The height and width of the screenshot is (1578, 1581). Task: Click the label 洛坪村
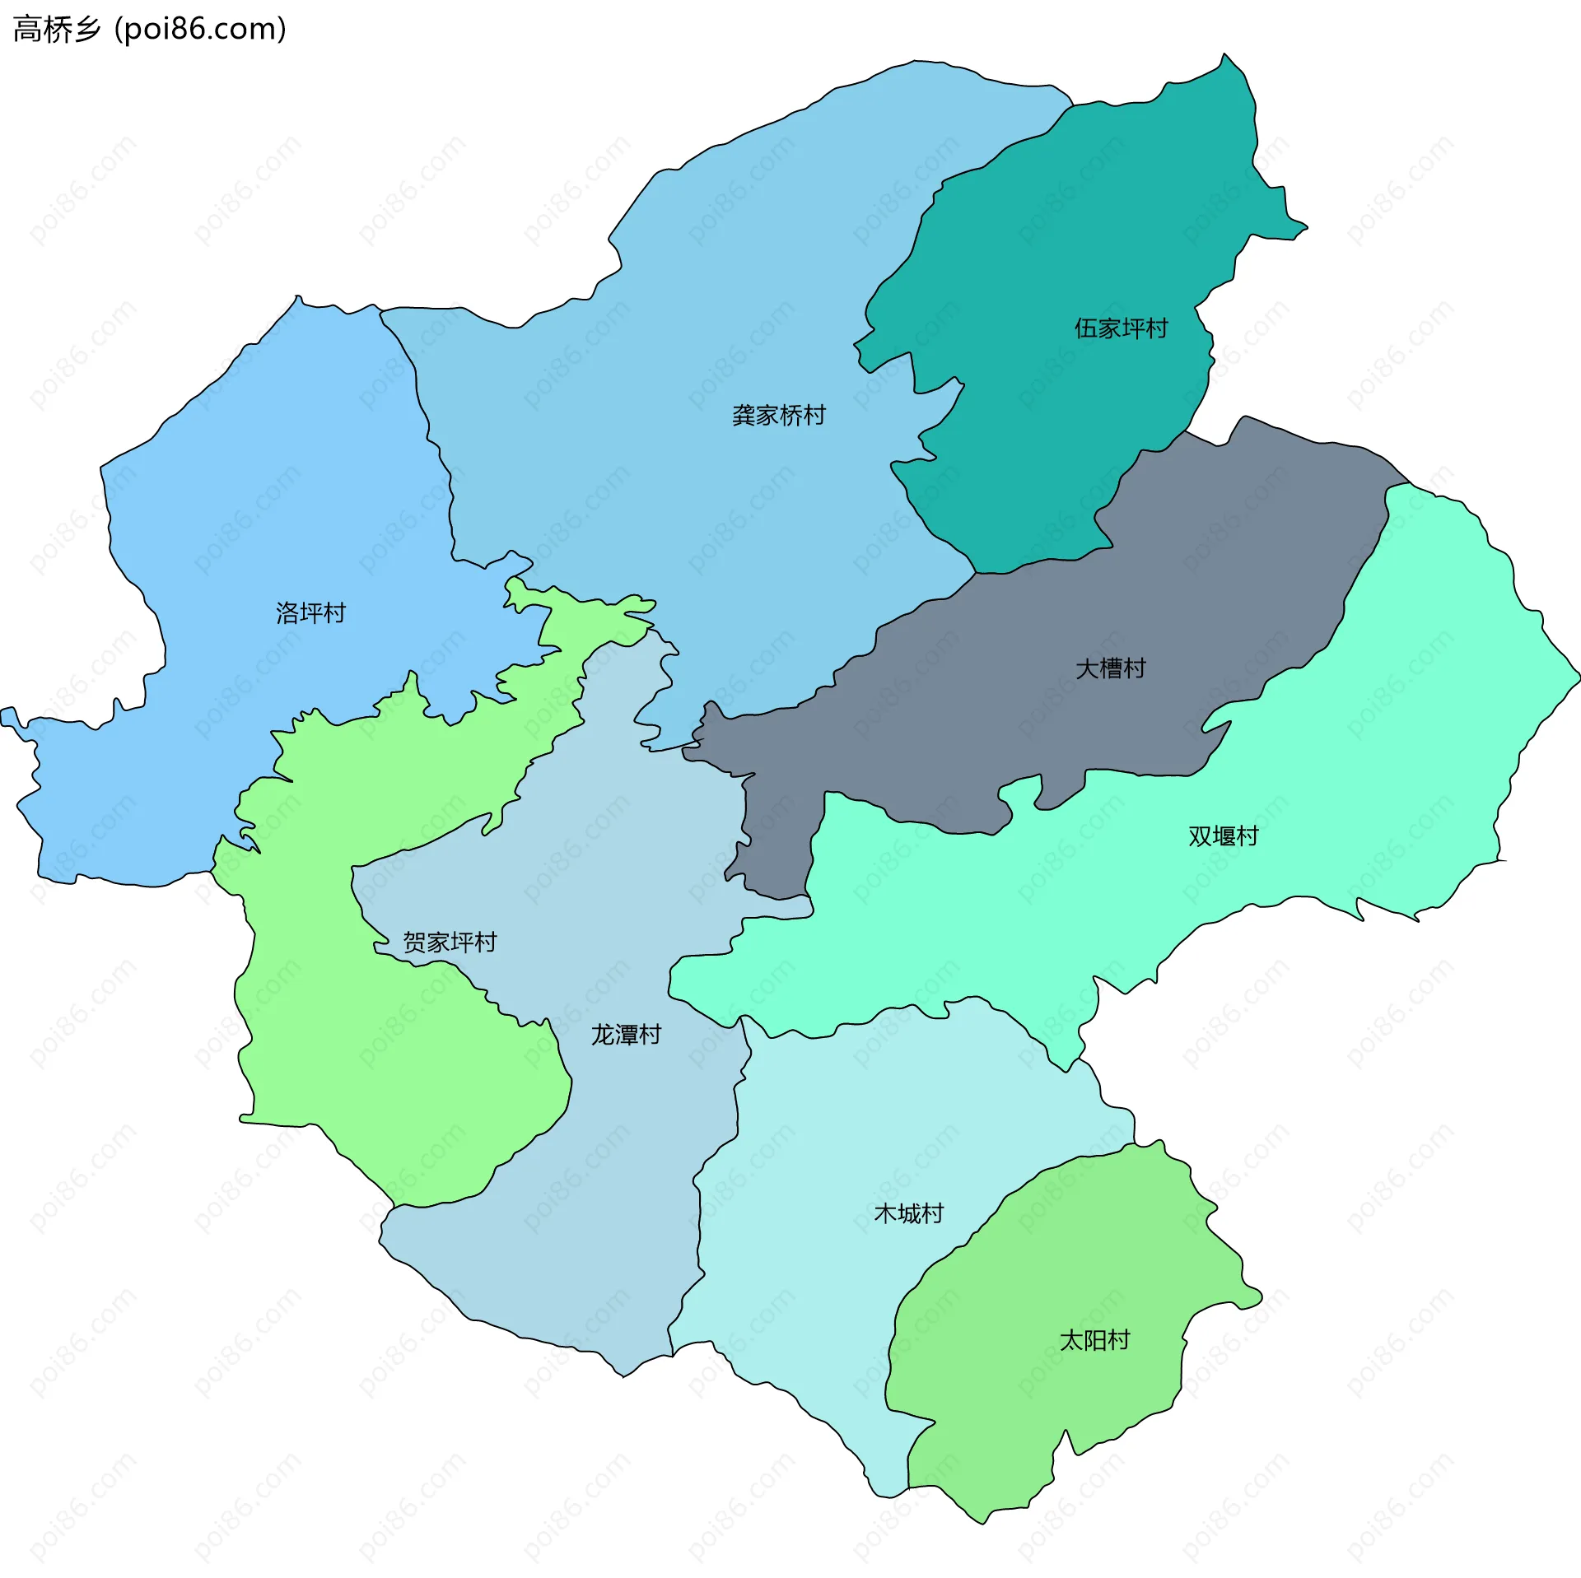[310, 612]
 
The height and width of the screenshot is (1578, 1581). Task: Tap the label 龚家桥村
[778, 415]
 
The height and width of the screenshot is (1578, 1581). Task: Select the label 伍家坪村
[1121, 328]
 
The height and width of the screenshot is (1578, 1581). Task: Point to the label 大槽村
[1110, 668]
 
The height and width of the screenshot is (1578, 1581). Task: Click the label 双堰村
[1223, 836]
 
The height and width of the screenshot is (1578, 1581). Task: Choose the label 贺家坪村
[450, 942]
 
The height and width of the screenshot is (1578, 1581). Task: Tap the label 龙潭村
[626, 1035]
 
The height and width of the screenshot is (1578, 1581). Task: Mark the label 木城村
[908, 1213]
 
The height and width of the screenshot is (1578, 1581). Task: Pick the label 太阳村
[1094, 1340]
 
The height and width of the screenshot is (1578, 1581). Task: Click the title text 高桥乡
[57, 30]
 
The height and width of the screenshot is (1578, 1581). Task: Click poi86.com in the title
[200, 30]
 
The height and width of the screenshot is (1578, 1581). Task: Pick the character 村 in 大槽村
[1134, 668]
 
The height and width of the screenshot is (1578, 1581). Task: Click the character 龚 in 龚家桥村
[744, 415]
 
